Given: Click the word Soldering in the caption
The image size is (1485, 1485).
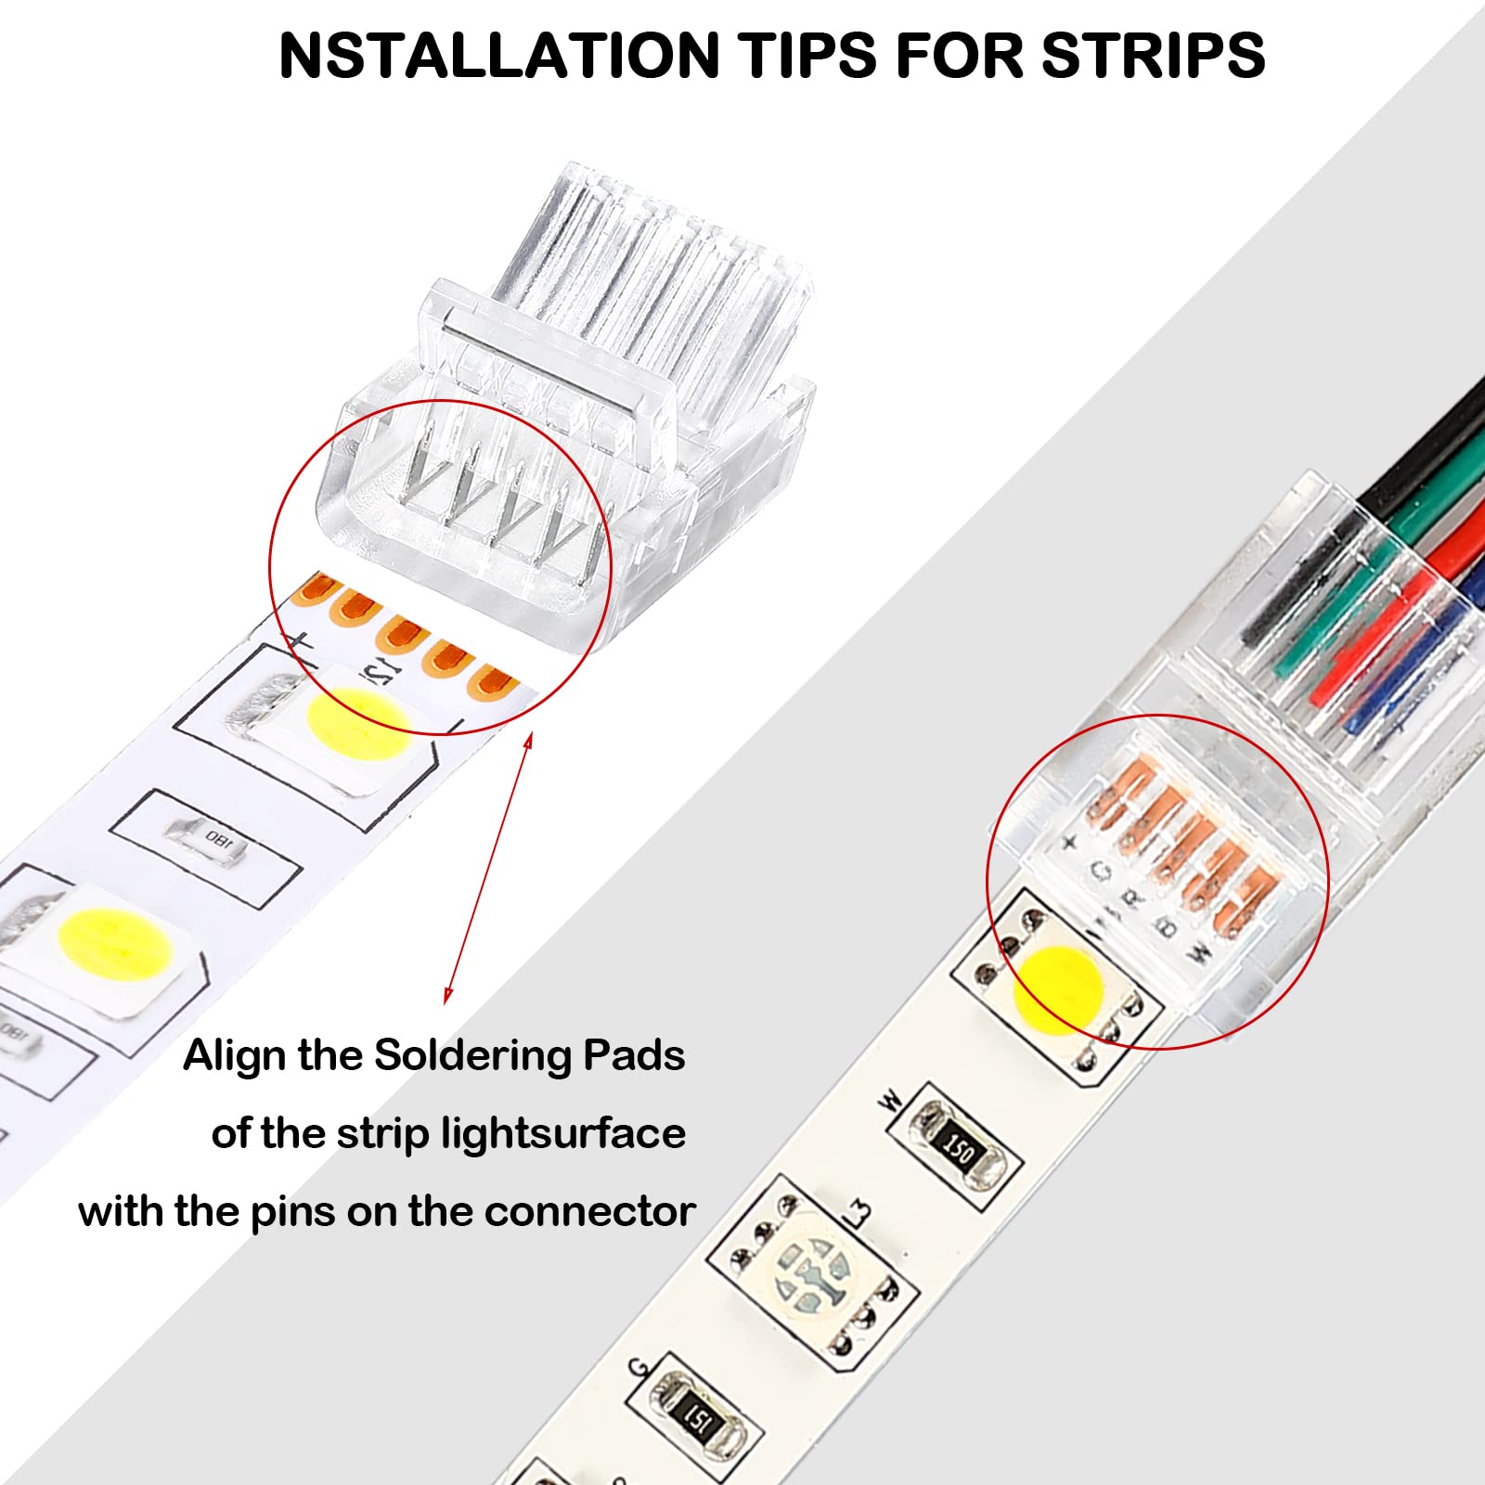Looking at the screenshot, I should click(x=471, y=1055).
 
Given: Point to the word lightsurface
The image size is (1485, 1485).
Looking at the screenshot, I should click(x=562, y=1134).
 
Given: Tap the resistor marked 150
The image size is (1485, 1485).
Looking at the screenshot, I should click(x=957, y=1150).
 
